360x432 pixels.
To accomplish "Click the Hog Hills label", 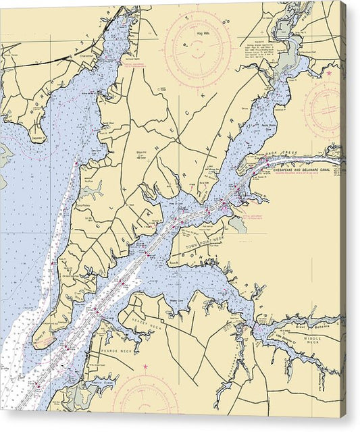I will (199, 32).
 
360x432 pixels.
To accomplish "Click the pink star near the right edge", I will (330, 72).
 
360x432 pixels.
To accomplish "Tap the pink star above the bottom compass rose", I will (145, 367).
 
